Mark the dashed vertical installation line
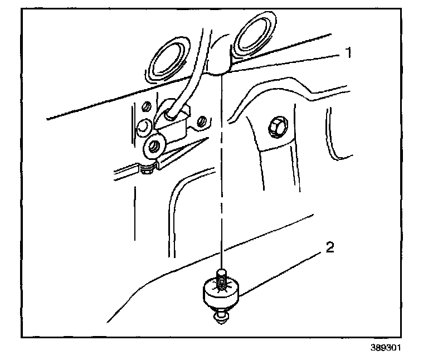coord(222,167)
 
